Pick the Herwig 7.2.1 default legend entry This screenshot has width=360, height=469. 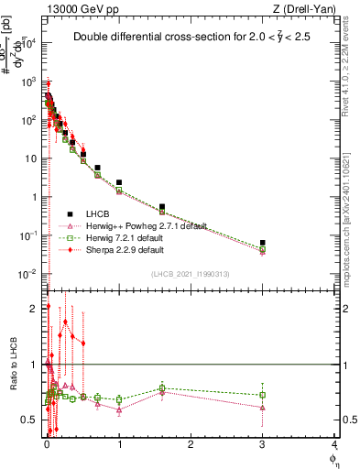point(125,237)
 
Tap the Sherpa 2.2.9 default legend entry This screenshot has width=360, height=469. point(125,249)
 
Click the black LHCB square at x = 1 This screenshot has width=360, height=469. point(119,182)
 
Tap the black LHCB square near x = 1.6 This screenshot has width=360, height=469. point(162,207)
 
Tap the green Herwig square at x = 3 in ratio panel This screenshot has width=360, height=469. point(263,395)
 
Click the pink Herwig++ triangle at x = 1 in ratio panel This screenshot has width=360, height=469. point(119,409)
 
